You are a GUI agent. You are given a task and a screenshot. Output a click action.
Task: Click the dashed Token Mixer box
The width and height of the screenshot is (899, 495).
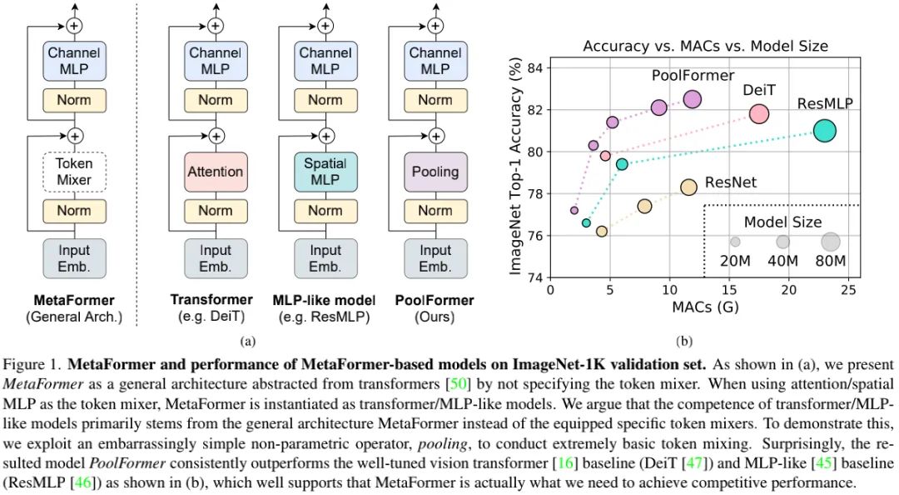coord(74,172)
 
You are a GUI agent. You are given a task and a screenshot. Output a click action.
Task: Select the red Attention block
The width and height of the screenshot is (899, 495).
coord(216,172)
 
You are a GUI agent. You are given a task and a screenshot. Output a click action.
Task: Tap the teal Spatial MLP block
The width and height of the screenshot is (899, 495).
coord(325,172)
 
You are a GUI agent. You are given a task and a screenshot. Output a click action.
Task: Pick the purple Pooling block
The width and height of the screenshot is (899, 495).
coord(435,172)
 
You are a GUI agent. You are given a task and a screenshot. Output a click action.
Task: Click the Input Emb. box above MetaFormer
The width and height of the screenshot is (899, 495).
coord(74,258)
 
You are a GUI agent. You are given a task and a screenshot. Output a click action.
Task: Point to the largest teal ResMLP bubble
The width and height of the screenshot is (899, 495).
coord(824,131)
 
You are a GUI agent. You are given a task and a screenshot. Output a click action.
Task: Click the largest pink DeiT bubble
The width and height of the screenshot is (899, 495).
coord(758,113)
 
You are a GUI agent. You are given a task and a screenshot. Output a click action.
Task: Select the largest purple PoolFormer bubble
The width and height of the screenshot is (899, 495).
coord(693,99)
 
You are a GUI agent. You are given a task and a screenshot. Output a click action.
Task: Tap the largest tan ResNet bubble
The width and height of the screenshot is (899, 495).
coord(688,187)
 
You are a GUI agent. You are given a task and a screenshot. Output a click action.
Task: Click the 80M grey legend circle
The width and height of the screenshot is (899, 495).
coord(830,242)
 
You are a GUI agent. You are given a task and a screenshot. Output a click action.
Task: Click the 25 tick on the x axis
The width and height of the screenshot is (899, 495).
coord(848,290)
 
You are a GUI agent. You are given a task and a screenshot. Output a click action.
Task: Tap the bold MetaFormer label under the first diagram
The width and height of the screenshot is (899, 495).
coord(74,300)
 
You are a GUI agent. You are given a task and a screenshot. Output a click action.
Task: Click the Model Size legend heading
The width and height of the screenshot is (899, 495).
coord(782,222)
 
